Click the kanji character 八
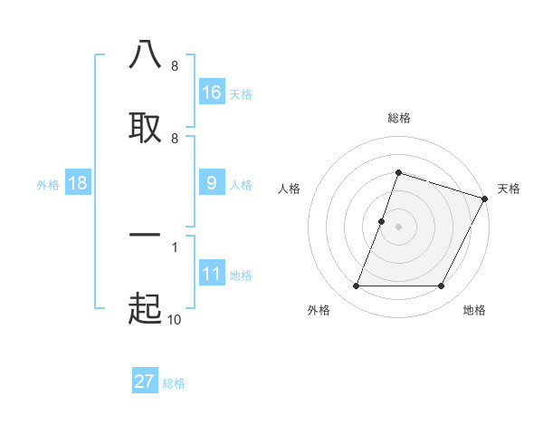coord(145,55)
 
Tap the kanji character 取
coord(145,127)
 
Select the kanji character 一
coord(145,235)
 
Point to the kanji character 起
coord(145,309)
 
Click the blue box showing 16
coord(212,92)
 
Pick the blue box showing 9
coord(212,183)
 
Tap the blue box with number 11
coord(212,274)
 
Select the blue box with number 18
coord(78,183)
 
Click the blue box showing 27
coord(145,382)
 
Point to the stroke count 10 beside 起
coord(174,318)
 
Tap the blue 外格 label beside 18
coord(48,184)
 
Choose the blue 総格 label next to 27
coord(174,383)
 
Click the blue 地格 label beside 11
coord(241,276)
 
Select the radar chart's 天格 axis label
coord(509,189)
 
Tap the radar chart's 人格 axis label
coord(290,189)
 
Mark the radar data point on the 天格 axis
coord(486,198)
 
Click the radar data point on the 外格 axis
coord(356,286)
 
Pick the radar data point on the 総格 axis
coord(398,172)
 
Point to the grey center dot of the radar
coord(398,227)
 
